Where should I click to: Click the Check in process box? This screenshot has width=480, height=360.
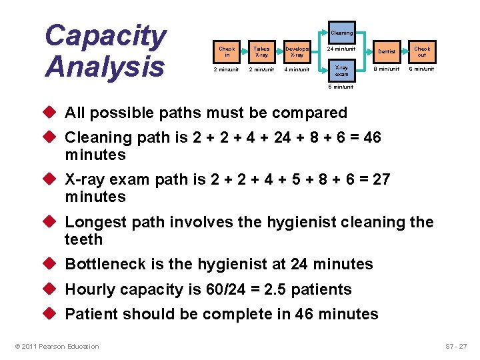[x=227, y=51]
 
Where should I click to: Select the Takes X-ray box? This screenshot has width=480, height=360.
[x=261, y=51]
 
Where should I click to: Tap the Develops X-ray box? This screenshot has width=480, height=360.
[x=297, y=51]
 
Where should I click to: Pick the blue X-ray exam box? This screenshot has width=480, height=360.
[x=341, y=71]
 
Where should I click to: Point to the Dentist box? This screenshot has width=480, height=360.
[x=386, y=51]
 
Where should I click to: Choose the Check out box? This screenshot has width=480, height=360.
[x=421, y=51]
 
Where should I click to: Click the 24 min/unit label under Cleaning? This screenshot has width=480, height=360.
[x=341, y=49]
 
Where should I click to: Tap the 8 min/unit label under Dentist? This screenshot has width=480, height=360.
[x=386, y=69]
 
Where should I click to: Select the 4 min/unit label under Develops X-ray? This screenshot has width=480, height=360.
[x=297, y=69]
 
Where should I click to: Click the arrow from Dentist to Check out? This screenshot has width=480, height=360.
[x=404, y=51]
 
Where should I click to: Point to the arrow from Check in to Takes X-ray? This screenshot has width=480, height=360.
[x=243, y=51]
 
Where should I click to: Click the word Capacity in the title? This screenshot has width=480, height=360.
[x=105, y=36]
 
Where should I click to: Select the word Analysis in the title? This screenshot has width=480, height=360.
[x=105, y=66]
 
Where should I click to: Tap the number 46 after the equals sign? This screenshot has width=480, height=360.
[x=372, y=138]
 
